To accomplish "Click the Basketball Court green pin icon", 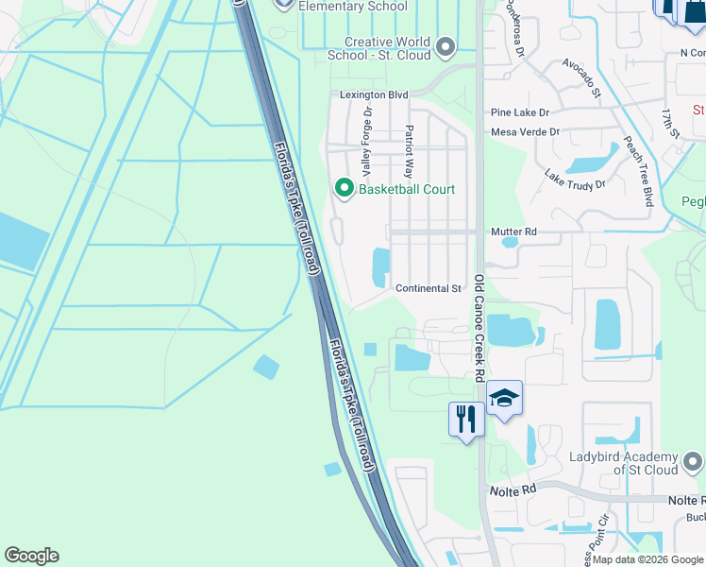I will pos(343,189).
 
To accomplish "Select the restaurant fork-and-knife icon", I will pos(466,419).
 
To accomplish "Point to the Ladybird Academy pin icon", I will pos(694,462).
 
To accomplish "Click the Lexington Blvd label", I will pos(374,95).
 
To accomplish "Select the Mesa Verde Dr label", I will pos(526,132).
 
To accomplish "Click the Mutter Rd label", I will pos(513,232).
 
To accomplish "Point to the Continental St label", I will pos(429,288).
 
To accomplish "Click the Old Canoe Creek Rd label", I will pos(480,327).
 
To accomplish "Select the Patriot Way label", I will pos(409,151).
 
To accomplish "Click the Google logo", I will pos(31,556).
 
